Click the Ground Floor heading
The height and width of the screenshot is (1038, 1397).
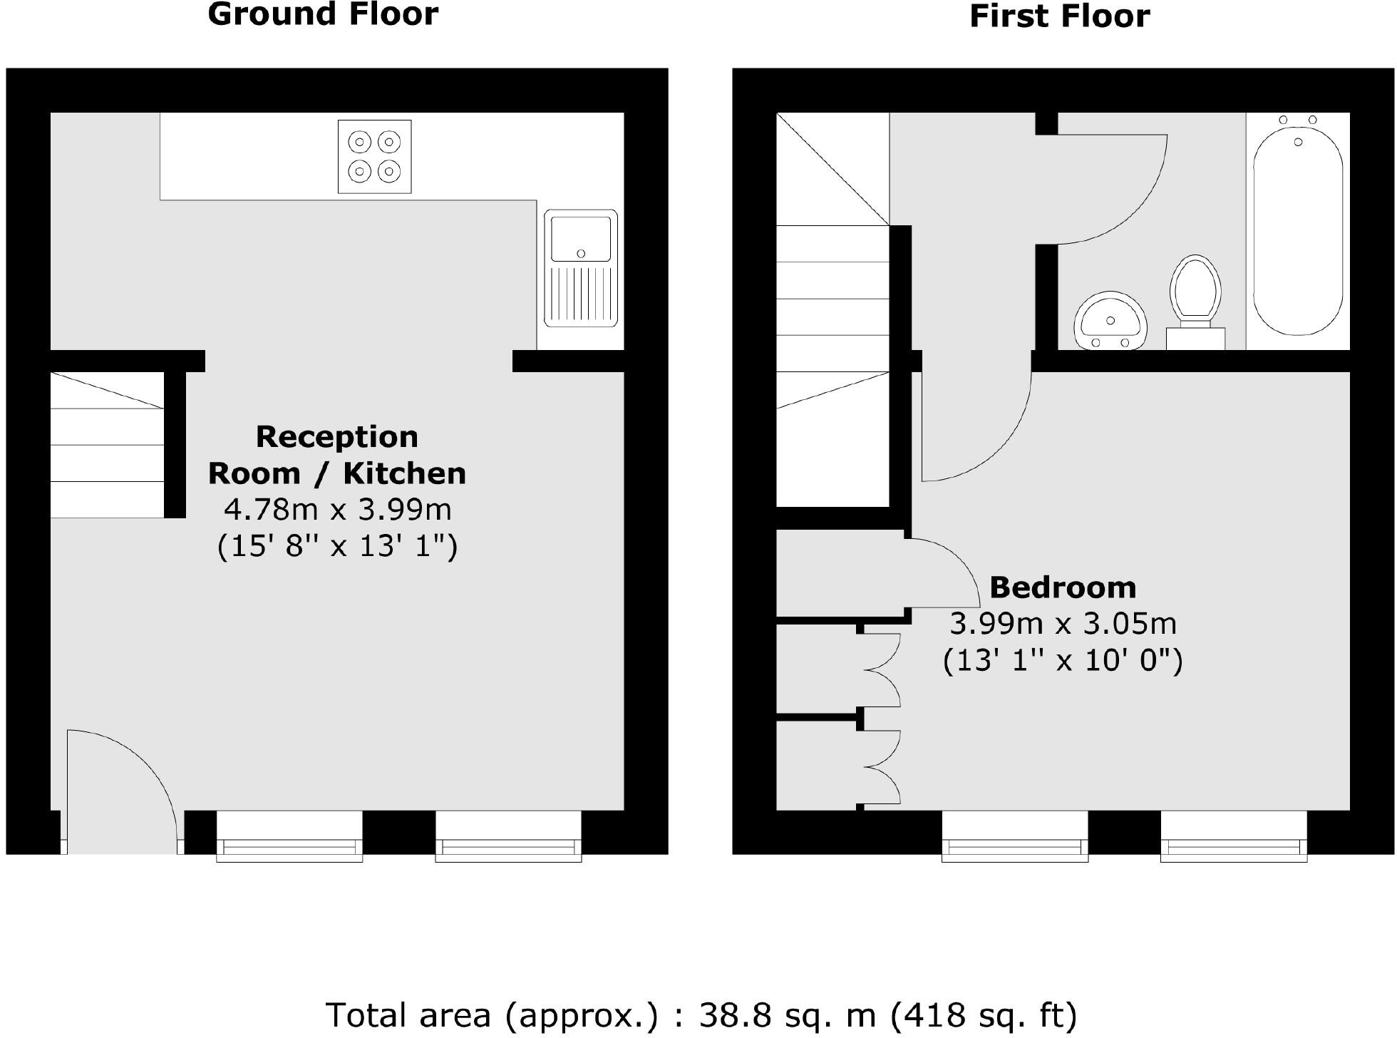pos(323,14)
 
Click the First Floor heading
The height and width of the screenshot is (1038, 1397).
pos(1059,16)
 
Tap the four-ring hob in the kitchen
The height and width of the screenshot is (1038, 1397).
pos(374,156)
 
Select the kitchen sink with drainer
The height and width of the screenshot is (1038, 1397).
pos(581,268)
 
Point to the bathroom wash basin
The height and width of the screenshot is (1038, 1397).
pos(1110,321)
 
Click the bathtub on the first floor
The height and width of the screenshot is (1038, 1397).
pos(1298,231)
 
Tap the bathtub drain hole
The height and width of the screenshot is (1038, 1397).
pos(1298,143)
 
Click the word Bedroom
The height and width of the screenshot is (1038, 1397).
pos(1063,587)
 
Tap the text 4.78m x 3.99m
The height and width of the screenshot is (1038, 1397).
pos(338,510)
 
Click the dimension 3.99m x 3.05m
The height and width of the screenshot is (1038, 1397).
pos(1063,624)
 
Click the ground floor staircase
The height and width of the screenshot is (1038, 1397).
pos(107,445)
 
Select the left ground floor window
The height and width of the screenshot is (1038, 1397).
pos(289,836)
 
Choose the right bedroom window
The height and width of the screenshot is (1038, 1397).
pos(1234,836)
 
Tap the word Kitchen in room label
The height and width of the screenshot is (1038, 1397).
pos(405,473)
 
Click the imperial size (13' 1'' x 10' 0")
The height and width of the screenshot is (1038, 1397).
pos(1063,660)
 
